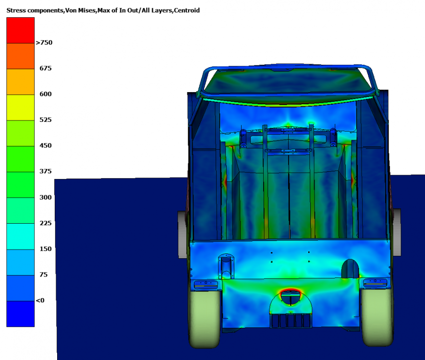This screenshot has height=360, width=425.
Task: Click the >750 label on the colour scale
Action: [44, 43]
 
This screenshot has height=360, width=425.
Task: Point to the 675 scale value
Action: [46, 68]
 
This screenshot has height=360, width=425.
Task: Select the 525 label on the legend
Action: [46, 120]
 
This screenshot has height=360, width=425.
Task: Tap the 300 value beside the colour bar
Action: [46, 197]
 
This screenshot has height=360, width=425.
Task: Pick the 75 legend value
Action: [43, 275]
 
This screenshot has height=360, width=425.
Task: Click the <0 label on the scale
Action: [40, 300]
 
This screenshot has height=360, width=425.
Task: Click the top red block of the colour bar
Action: [20, 30]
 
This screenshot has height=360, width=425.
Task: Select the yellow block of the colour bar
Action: [20, 108]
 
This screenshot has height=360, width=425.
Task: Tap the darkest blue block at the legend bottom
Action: [20, 314]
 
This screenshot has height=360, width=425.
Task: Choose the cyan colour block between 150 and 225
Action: [20, 237]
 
